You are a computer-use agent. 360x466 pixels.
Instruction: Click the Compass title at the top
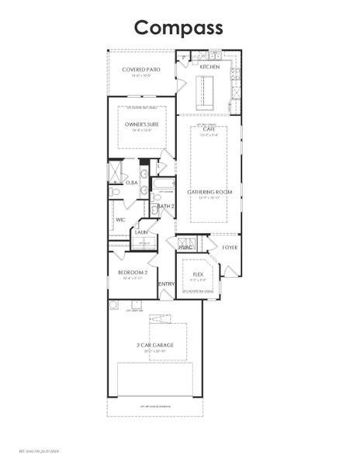tap(179, 27)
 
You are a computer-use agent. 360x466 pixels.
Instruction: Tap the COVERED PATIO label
tap(141, 69)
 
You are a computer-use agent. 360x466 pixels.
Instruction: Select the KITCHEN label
tap(209, 67)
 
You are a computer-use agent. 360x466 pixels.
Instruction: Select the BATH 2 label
tap(164, 206)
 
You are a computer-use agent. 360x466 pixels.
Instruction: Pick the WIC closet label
tap(121, 220)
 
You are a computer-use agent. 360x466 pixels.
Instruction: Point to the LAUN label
tap(142, 231)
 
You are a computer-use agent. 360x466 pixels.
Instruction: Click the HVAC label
tap(185, 247)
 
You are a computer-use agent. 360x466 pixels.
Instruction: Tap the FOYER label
tap(230, 247)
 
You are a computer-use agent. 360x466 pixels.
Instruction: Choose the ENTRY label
tap(166, 284)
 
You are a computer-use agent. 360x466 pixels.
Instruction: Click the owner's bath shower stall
tap(116, 170)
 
